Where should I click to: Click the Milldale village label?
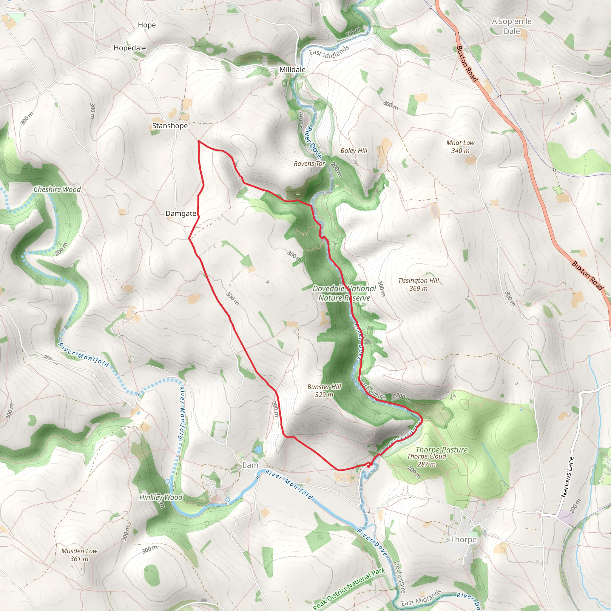pos(292,70)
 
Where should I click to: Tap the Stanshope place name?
pos(170,126)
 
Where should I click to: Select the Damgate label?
pos(181,214)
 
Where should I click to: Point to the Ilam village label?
pos(250,465)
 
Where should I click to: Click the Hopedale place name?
pos(130,48)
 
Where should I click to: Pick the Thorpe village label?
pos(463,539)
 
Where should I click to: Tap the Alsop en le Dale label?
pos(512,26)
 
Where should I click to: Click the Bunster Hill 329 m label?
pos(324,391)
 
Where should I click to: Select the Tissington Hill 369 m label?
pos(418,284)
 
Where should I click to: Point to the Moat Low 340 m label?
pos(460,147)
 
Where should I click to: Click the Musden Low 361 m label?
pos(79,555)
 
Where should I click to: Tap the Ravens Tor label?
pos(309,163)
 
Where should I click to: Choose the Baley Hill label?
pos(354,151)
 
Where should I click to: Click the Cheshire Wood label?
pos(57,189)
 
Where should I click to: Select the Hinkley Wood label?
pos(161,497)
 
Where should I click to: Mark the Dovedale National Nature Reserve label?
pos(344,293)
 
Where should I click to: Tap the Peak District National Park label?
pos(349,589)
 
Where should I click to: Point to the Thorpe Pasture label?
pos(442,450)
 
